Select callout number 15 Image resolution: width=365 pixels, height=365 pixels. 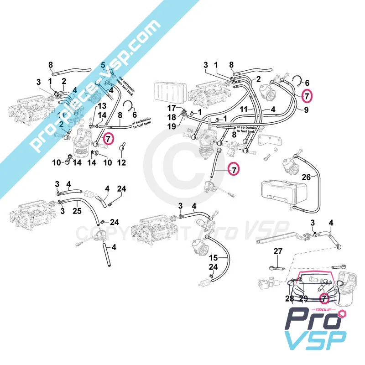[x=214, y=258]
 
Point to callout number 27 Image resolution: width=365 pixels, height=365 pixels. [x=278, y=251]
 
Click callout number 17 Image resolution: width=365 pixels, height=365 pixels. [x=171, y=108]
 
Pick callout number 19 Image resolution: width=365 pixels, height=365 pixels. [x=171, y=126]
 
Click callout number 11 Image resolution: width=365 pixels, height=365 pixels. [x=244, y=110]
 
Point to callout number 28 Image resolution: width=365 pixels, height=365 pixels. [x=289, y=298]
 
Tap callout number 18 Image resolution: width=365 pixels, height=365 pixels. [x=171, y=117]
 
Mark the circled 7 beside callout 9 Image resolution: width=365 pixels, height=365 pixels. [x=307, y=96]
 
